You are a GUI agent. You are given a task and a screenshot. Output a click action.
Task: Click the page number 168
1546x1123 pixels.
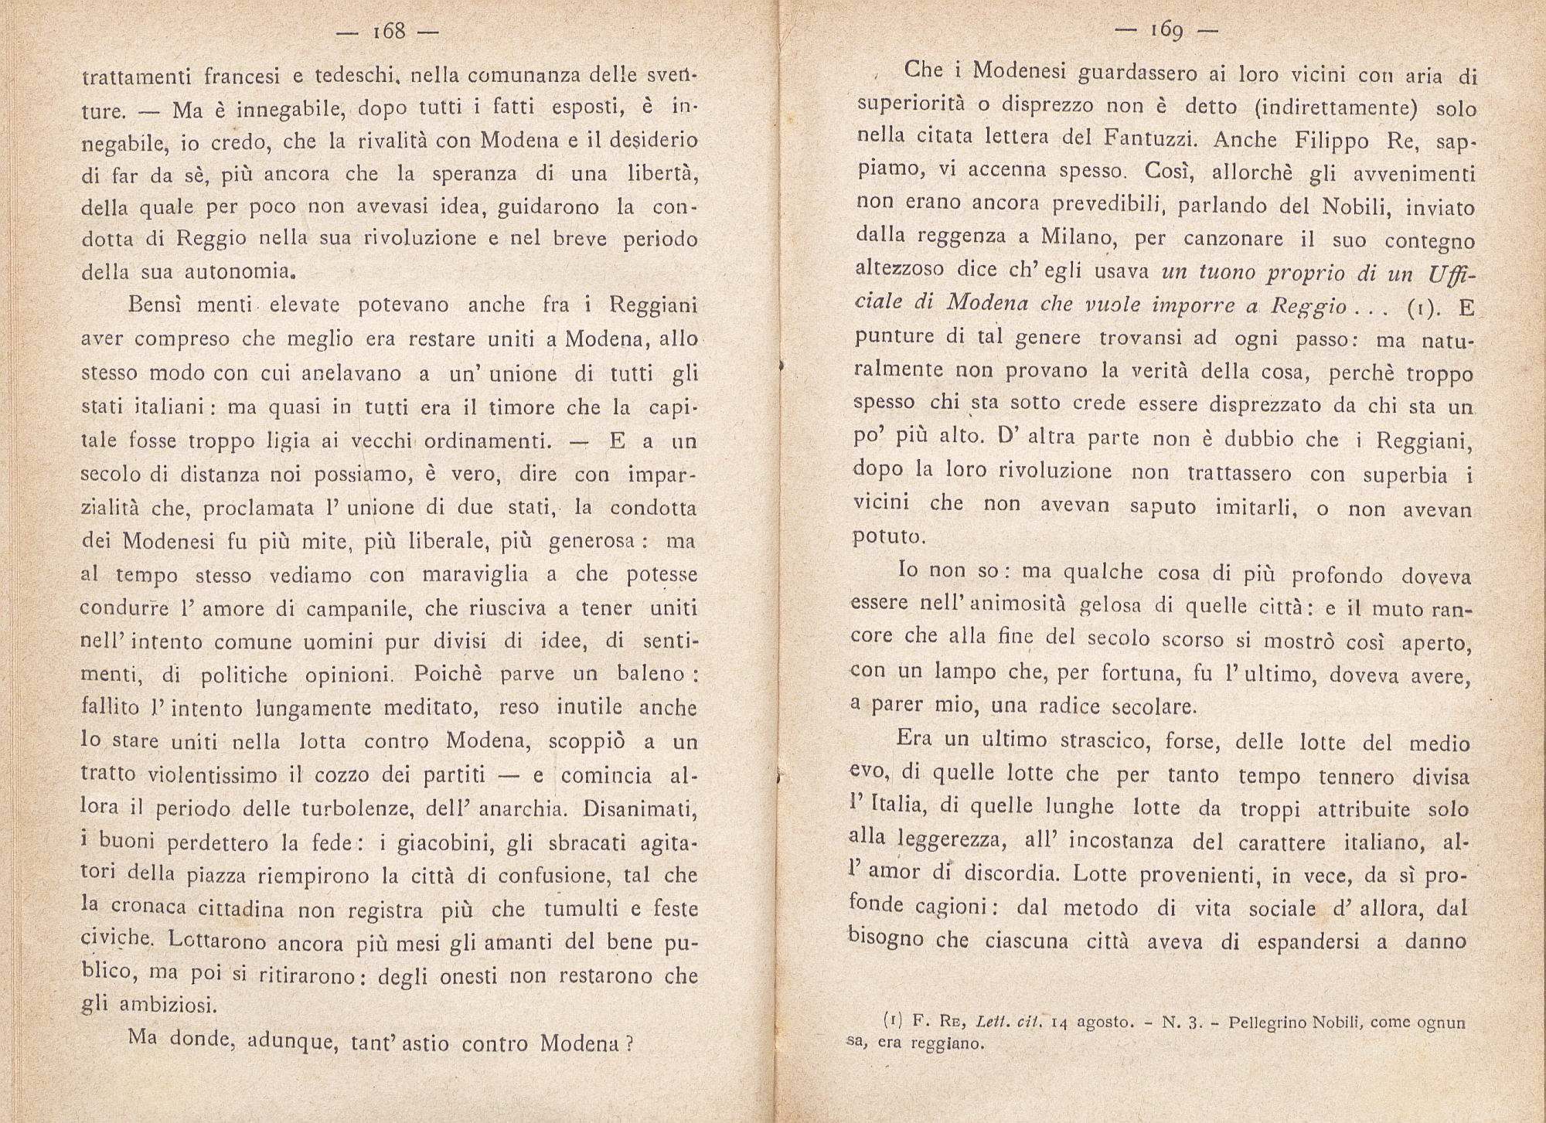click(389, 32)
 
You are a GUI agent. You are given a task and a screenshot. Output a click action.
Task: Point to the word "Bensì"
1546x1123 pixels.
click(155, 305)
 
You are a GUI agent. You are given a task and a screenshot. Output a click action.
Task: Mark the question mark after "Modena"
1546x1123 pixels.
click(629, 1043)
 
